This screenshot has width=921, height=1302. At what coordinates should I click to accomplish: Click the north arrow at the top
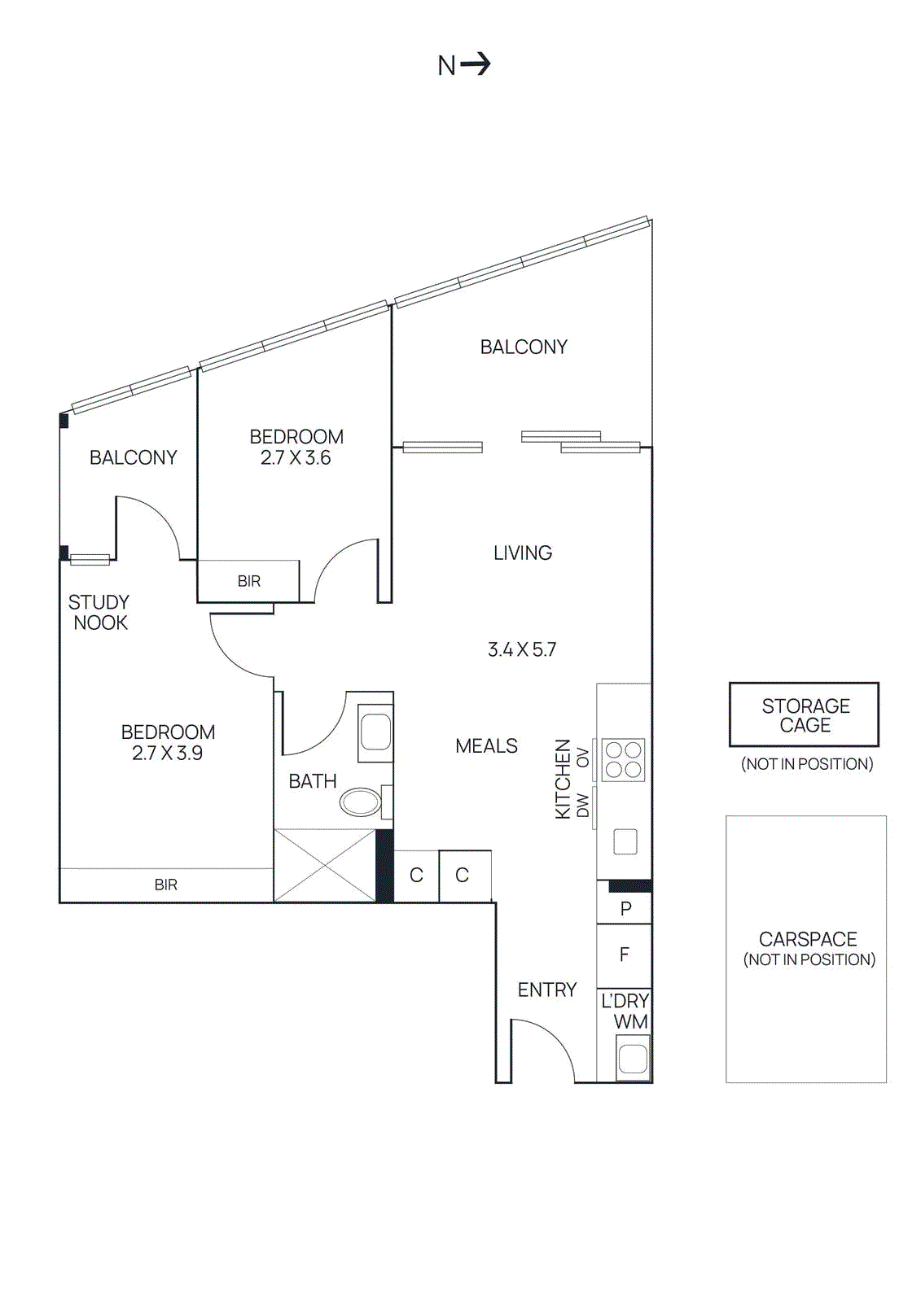[x=476, y=63]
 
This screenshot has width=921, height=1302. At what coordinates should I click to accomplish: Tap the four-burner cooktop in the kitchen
[x=624, y=760]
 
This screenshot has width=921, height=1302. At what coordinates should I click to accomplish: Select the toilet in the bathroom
[x=362, y=802]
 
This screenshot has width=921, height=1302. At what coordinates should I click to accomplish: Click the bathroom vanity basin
[x=375, y=732]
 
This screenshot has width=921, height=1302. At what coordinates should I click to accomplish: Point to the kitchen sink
[x=625, y=841]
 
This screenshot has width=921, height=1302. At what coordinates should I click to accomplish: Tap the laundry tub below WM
[x=632, y=1059]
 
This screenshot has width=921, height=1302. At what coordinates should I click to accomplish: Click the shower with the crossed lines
[x=324, y=865]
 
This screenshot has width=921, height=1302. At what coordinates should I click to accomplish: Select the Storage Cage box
[x=804, y=714]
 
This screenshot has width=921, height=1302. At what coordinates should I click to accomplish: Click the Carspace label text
[x=808, y=939]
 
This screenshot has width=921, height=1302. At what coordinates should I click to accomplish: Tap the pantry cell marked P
[x=625, y=909]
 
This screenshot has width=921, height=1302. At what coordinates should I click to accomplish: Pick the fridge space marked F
[x=625, y=955]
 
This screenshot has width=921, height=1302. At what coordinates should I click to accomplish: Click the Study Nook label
[x=99, y=612]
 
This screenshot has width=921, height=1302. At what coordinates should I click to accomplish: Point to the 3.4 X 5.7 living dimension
[x=522, y=649]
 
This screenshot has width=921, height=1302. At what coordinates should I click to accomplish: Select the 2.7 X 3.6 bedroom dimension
[x=296, y=458]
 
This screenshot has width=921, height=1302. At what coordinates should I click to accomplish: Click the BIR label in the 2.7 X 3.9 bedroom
[x=166, y=885]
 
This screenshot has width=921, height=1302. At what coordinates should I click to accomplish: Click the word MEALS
[x=486, y=746]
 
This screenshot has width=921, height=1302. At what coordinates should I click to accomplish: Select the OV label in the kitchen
[x=582, y=758]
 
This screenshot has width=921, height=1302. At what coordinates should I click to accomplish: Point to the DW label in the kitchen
[x=582, y=806]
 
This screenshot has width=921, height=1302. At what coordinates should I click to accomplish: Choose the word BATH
[x=313, y=781]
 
